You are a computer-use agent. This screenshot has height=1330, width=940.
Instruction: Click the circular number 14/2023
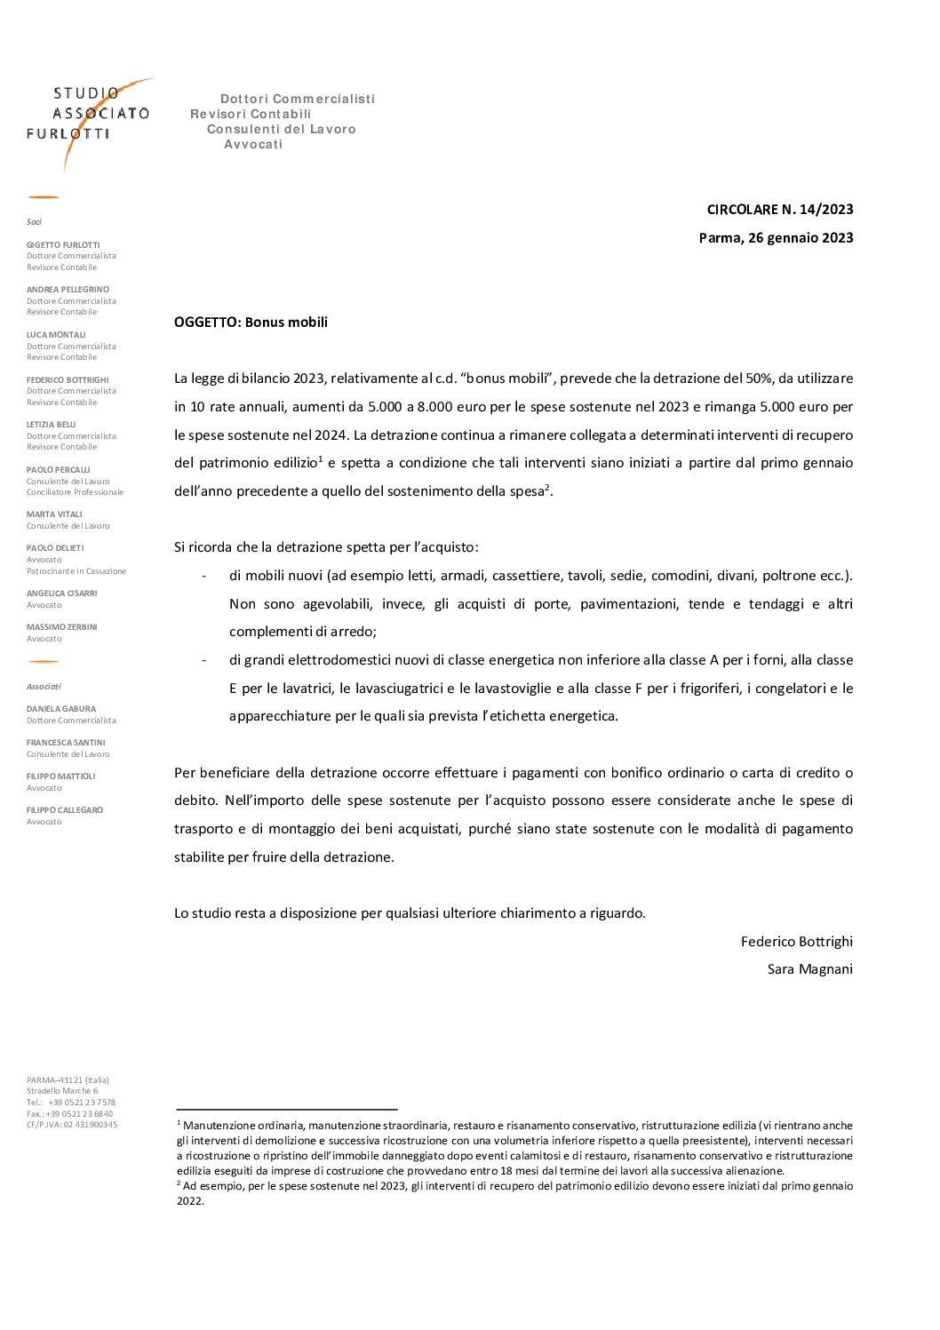coord(780,210)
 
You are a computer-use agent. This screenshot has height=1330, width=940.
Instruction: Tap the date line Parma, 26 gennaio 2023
coord(776,238)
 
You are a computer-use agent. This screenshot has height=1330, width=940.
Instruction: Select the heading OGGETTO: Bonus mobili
coord(251,323)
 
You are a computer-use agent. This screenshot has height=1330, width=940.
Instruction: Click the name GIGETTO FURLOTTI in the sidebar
coord(63,245)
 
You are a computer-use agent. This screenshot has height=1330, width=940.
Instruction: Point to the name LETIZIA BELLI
coord(52,425)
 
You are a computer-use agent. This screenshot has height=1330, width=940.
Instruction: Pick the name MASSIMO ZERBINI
coord(61,627)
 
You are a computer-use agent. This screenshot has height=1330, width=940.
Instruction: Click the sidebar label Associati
coord(44,687)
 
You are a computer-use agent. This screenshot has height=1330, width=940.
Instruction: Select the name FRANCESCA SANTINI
coord(66,743)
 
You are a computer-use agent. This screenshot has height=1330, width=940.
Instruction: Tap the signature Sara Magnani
coord(809,969)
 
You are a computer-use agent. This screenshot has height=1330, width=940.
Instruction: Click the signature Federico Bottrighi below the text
coord(796,942)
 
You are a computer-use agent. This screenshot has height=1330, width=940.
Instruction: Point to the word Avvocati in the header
coord(253,145)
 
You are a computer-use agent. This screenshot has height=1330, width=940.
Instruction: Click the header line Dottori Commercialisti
coord(298,99)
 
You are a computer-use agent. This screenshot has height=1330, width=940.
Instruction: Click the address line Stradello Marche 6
coord(62,1091)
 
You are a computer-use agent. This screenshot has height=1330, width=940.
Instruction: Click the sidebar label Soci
coord(34,222)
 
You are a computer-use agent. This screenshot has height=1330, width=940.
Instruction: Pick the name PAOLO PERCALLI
coord(59,470)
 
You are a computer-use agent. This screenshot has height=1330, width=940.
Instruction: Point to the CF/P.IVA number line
coord(72,1125)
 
